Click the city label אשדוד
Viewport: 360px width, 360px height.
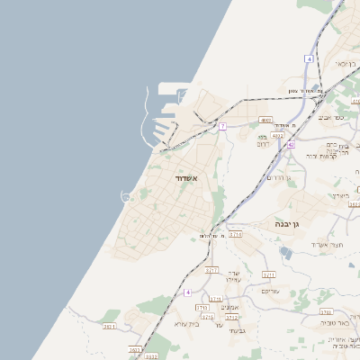pos(191,180)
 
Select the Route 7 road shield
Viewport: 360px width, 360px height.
pos(222,127)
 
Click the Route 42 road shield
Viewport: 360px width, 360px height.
pos(291,144)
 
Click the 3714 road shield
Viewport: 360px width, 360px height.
pos(235,234)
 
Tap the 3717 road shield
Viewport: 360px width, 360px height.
pos(212,269)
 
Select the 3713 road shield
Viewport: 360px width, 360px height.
pos(202,308)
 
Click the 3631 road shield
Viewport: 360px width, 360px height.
pos(110,327)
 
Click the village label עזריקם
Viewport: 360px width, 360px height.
pos(269,291)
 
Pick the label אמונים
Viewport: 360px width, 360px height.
pos(229,307)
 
